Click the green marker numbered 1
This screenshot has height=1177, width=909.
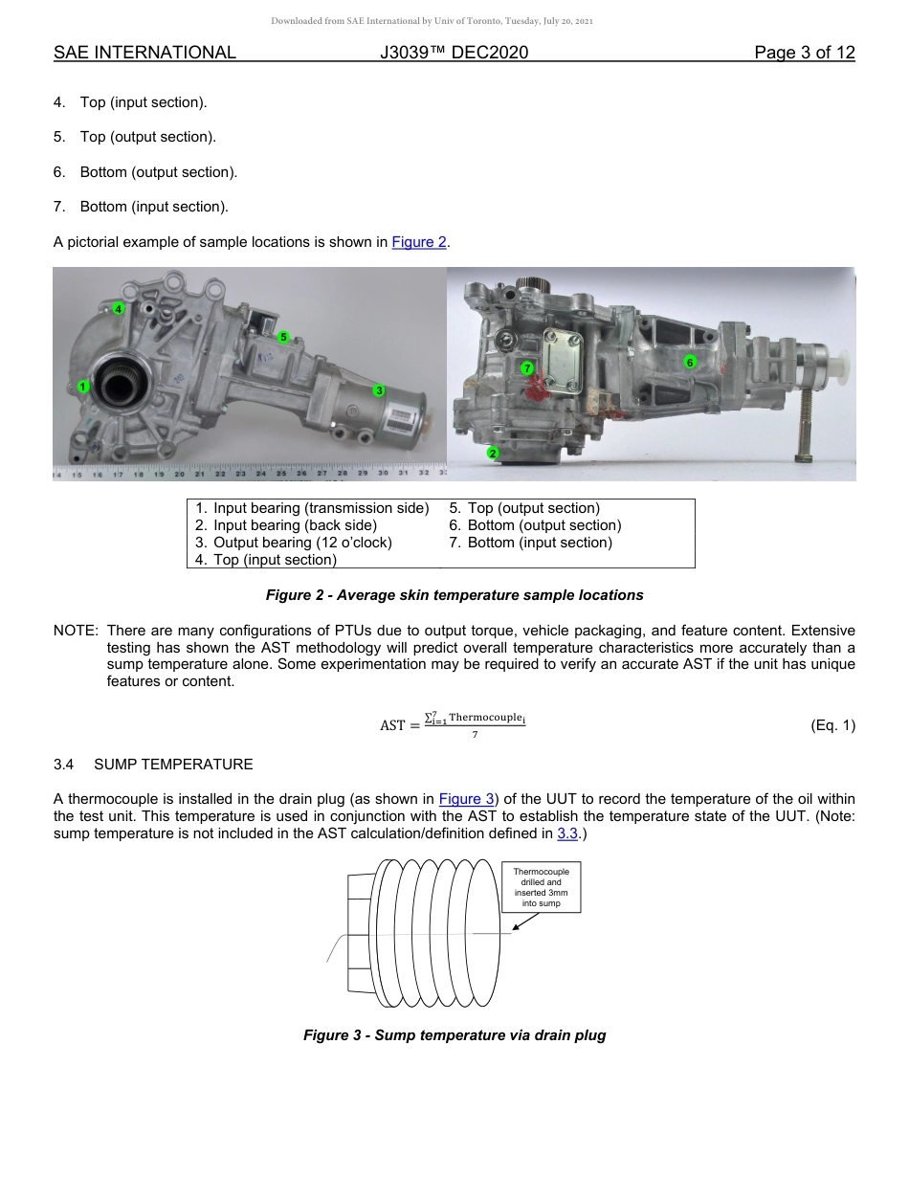[x=83, y=387]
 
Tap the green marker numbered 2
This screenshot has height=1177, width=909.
[x=493, y=453]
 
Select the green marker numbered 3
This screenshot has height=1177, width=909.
[x=379, y=390]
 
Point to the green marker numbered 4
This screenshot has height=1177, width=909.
[x=118, y=308]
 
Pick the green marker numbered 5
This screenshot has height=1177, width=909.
[x=283, y=337]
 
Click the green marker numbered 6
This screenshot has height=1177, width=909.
[x=689, y=361]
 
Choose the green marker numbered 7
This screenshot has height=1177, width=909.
[x=526, y=368]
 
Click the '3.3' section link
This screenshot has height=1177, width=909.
[x=566, y=833]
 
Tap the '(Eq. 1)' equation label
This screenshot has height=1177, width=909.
[x=831, y=725]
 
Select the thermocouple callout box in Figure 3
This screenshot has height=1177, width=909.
[x=541, y=886]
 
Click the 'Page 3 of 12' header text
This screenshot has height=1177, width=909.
[x=804, y=53]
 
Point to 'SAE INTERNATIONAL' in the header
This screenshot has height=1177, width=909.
[x=144, y=53]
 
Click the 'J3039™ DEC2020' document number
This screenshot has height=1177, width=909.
[x=454, y=53]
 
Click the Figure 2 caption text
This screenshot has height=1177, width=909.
[x=454, y=595]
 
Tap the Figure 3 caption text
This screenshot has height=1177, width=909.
[x=454, y=1035]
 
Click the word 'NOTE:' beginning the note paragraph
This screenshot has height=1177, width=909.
[x=76, y=632]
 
